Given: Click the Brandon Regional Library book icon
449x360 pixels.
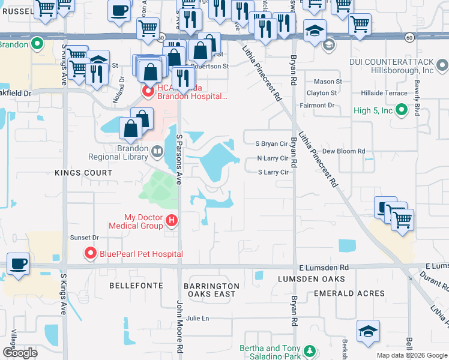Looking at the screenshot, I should tap(157, 152).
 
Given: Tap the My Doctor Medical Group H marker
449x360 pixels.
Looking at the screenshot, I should tap(172, 221).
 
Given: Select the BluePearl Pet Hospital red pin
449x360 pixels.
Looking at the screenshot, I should tap(91, 254).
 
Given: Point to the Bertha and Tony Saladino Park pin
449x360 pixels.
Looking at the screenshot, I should tap(310, 351).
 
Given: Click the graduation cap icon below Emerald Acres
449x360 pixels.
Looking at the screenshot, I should tap(368, 331).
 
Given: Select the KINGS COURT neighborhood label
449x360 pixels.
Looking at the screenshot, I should tap(83, 173).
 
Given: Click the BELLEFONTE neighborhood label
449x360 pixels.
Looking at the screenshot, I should tap(133, 286).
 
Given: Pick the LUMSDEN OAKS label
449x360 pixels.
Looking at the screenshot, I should tap(311, 279).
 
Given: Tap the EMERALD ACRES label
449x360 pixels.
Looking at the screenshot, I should tap(349, 293).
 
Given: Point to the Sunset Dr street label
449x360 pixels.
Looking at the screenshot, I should tap(84, 238).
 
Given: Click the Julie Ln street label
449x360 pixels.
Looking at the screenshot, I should tap(197, 318).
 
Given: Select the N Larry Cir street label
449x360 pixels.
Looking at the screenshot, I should tap(273, 158).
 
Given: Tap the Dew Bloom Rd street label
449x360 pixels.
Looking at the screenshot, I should tap(343, 152).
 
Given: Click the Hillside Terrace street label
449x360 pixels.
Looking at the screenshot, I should tap(384, 93).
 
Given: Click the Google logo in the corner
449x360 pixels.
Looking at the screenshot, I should tap(20, 353).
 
